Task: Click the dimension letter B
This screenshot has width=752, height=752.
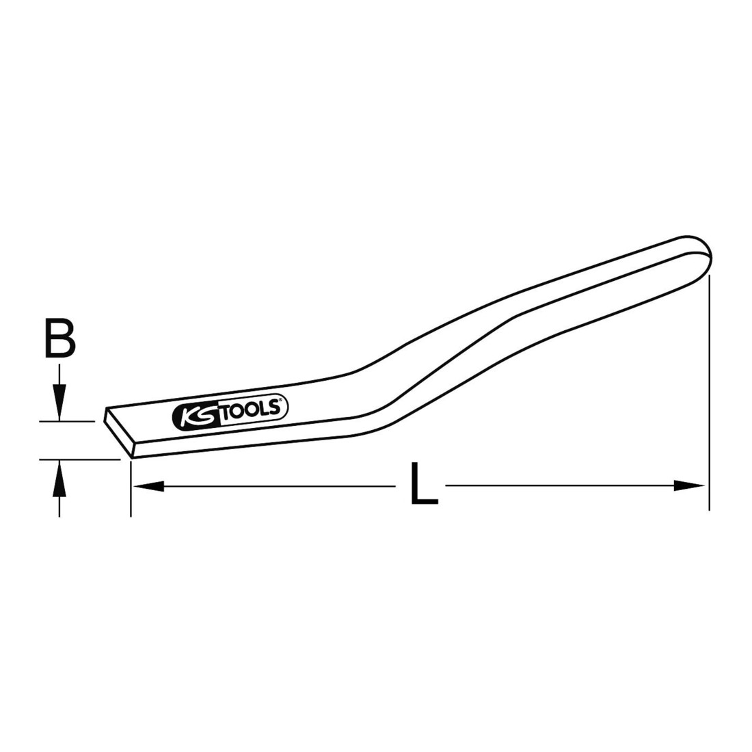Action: tap(60, 339)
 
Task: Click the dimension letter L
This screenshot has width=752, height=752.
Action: tap(424, 483)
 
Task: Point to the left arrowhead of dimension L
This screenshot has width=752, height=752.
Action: tap(148, 486)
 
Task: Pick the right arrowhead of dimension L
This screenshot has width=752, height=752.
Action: tap(688, 485)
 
